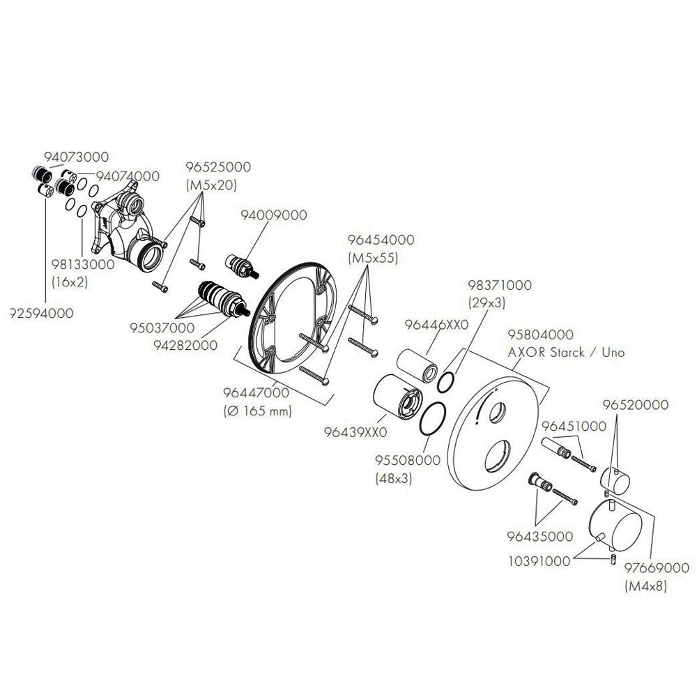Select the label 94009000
pyautogui.click(x=273, y=215)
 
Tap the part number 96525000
pyautogui.click(x=218, y=167)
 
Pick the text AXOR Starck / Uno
pyautogui.click(x=566, y=353)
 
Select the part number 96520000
pyautogui.click(x=635, y=404)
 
